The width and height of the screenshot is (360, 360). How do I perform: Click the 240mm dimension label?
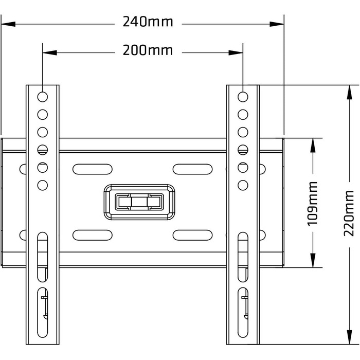click(x=148, y=23)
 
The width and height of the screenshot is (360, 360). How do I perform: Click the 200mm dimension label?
click(x=148, y=51)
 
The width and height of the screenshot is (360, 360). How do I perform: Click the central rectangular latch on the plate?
click(x=139, y=202)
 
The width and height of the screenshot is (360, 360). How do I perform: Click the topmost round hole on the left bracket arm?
click(x=43, y=96)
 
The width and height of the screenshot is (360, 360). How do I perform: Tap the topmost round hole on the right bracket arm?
click(x=243, y=96)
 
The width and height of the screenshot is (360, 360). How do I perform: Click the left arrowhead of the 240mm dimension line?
click(x=6, y=23)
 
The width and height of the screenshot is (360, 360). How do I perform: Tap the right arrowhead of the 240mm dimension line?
click(x=279, y=23)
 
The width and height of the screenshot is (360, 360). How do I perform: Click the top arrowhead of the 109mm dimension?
click(x=312, y=143)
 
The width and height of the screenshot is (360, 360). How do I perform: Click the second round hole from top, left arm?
click(x=43, y=114)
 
